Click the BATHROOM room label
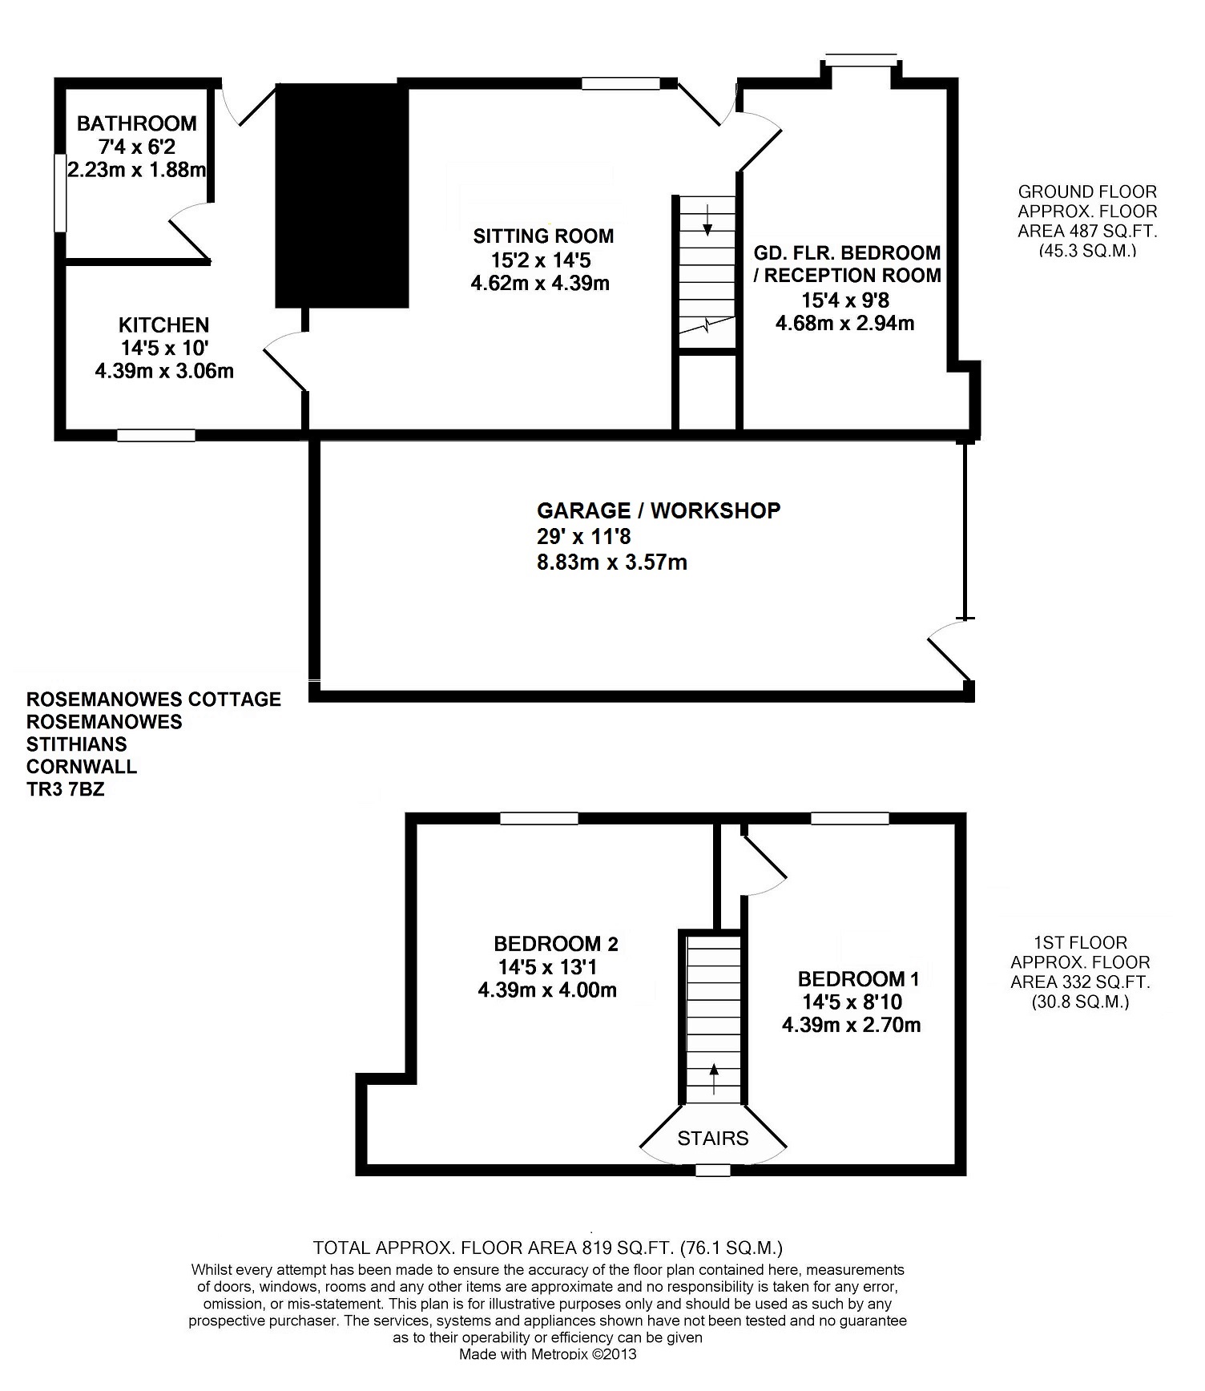(137, 123)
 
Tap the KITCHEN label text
(164, 325)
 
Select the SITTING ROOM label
(543, 236)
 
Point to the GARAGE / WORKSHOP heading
(659, 511)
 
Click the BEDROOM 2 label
(556, 944)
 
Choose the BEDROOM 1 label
(859, 979)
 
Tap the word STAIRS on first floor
(713, 1139)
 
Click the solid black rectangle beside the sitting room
(342, 196)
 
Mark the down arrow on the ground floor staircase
(707, 219)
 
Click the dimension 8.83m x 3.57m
(612, 562)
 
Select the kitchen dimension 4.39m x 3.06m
(164, 371)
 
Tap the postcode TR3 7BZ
(65, 789)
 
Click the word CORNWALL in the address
(81, 767)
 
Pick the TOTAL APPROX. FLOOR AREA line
(548, 1248)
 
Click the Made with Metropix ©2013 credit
(548, 1355)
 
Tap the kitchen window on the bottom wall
(156, 435)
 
